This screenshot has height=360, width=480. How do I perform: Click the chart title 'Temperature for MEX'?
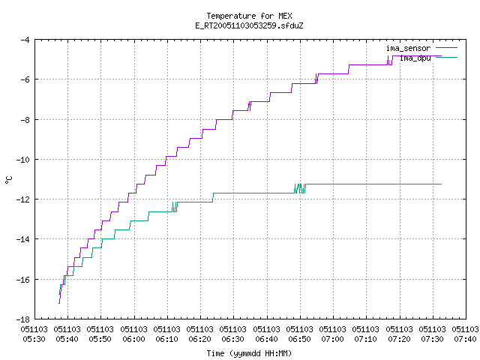point(249,16)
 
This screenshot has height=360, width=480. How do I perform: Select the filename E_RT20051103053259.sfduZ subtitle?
point(249,25)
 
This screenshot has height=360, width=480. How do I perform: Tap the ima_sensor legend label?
point(408,48)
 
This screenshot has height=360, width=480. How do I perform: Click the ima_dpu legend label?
point(415,58)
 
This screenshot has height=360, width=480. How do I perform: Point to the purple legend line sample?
point(447,48)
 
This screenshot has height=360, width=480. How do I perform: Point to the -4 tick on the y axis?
point(25,40)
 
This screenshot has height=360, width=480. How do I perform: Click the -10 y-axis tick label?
point(23,160)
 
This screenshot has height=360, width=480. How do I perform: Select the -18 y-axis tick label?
point(23,319)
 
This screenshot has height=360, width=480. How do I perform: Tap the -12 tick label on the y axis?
point(23,199)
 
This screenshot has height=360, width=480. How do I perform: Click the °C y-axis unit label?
point(9,180)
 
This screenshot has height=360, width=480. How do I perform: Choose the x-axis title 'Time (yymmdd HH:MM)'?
point(249,353)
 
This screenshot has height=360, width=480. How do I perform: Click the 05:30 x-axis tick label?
point(34,334)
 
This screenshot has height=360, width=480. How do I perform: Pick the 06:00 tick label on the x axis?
point(133,334)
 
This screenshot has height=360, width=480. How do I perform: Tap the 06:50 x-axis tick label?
point(300,334)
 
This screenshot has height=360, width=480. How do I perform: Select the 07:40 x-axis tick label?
point(465,334)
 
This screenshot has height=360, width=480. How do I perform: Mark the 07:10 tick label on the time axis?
point(366,334)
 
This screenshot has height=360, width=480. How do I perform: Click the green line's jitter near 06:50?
point(300,188)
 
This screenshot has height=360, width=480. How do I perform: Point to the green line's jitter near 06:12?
point(175,207)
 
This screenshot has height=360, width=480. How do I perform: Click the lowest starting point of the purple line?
point(59,303)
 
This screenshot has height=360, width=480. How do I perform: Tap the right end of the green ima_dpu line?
point(441,184)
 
